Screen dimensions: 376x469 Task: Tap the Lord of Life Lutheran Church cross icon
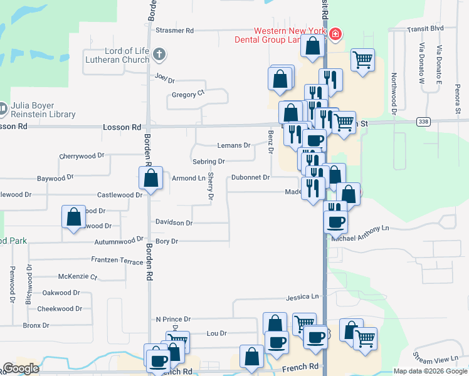[x=159, y=54]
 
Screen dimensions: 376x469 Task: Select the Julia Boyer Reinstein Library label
[x=43, y=110]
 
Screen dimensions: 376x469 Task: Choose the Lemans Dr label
[x=233, y=145]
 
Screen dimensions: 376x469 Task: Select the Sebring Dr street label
[x=209, y=162]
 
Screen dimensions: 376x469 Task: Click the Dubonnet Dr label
[x=250, y=177]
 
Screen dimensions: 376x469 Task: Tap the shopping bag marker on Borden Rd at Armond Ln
[x=150, y=178]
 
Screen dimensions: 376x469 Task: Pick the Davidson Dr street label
[x=174, y=222]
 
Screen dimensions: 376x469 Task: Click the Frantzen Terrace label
[x=117, y=261]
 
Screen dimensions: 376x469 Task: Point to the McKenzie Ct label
[x=77, y=276]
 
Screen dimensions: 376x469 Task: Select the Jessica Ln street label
[x=303, y=296]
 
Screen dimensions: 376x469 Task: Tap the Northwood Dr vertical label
[x=394, y=94]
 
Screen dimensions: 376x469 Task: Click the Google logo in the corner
[x=21, y=368]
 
